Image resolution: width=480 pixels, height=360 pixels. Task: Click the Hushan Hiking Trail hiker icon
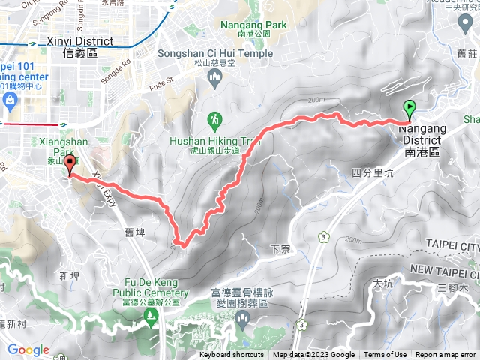(214, 119)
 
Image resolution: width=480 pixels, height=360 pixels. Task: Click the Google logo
(28, 349)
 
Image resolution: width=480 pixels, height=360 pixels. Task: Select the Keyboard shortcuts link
(232, 355)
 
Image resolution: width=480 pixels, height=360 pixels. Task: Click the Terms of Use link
(385, 355)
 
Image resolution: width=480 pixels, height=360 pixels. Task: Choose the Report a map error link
(447, 355)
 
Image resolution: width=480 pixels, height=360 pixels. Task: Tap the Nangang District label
(424, 140)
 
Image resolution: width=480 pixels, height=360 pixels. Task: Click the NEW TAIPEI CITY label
(445, 268)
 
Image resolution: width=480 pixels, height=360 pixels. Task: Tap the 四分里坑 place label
(371, 173)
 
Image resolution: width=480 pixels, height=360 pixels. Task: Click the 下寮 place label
(279, 247)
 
